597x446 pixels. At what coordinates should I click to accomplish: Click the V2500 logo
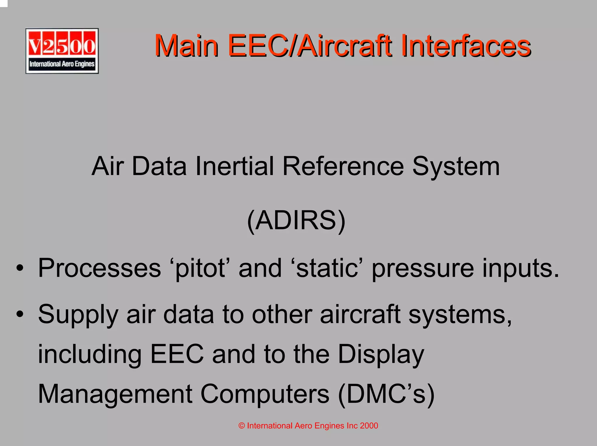tap(62, 51)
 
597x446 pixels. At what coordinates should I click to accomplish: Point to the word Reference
tap(343, 166)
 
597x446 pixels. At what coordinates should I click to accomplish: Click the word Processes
tap(99, 268)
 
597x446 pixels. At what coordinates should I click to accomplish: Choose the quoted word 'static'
tap(327, 268)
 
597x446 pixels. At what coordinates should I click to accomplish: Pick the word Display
tap(381, 355)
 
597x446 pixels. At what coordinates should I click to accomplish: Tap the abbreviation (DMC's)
tap(386, 394)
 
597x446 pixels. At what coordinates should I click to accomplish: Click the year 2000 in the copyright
tap(369, 426)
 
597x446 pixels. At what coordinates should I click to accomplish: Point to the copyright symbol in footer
tap(241, 426)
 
